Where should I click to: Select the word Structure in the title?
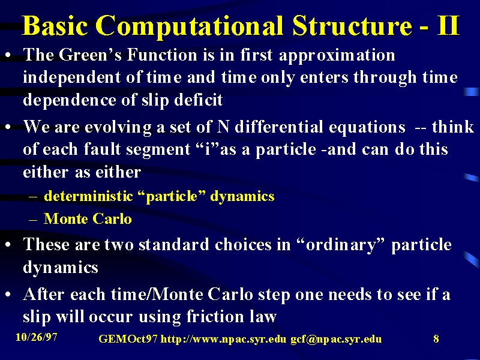click(x=352, y=26)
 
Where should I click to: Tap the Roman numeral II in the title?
click(x=448, y=26)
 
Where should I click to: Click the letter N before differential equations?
click(x=223, y=127)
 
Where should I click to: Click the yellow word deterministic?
click(x=88, y=196)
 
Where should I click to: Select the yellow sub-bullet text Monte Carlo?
click(x=88, y=218)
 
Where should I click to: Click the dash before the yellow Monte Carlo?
click(x=33, y=220)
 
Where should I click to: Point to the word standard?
click(x=174, y=245)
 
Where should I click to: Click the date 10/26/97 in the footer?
click(x=37, y=337)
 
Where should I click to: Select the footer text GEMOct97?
click(x=128, y=338)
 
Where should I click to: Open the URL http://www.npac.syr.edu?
click(x=223, y=339)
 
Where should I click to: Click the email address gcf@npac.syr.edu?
click(x=336, y=339)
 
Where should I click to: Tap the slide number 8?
click(x=436, y=338)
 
